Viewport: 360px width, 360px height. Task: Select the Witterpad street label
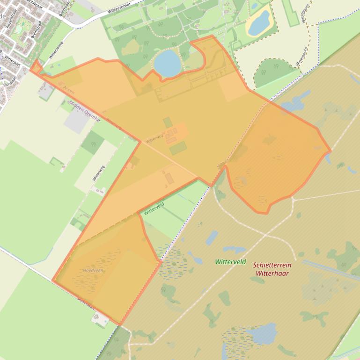click(x=12, y=61)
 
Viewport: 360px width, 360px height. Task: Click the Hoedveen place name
click(x=93, y=271)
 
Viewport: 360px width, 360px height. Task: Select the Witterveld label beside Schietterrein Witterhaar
click(x=230, y=262)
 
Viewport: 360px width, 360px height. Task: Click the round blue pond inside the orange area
click(x=167, y=64)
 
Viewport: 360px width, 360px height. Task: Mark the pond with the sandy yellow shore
click(x=259, y=22)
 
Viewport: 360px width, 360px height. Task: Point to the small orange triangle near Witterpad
click(x=36, y=67)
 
